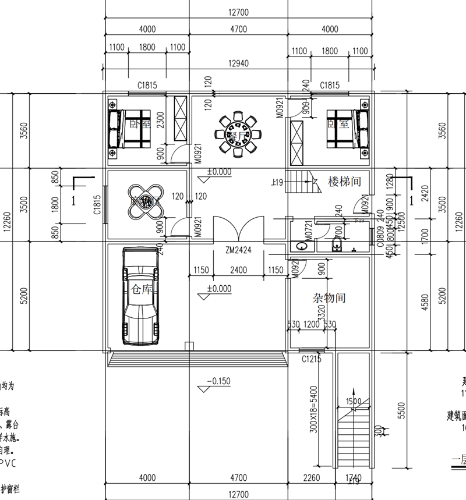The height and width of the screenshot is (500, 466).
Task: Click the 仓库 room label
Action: pos(143,289)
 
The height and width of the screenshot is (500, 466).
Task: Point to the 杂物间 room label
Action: pos(329,298)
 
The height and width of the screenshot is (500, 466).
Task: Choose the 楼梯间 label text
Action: pos(345,181)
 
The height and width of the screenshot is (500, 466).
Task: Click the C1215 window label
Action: pos(312,359)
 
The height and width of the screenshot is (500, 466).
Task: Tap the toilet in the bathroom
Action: pos(336,244)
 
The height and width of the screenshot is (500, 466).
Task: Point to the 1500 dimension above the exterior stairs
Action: pos(354,401)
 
